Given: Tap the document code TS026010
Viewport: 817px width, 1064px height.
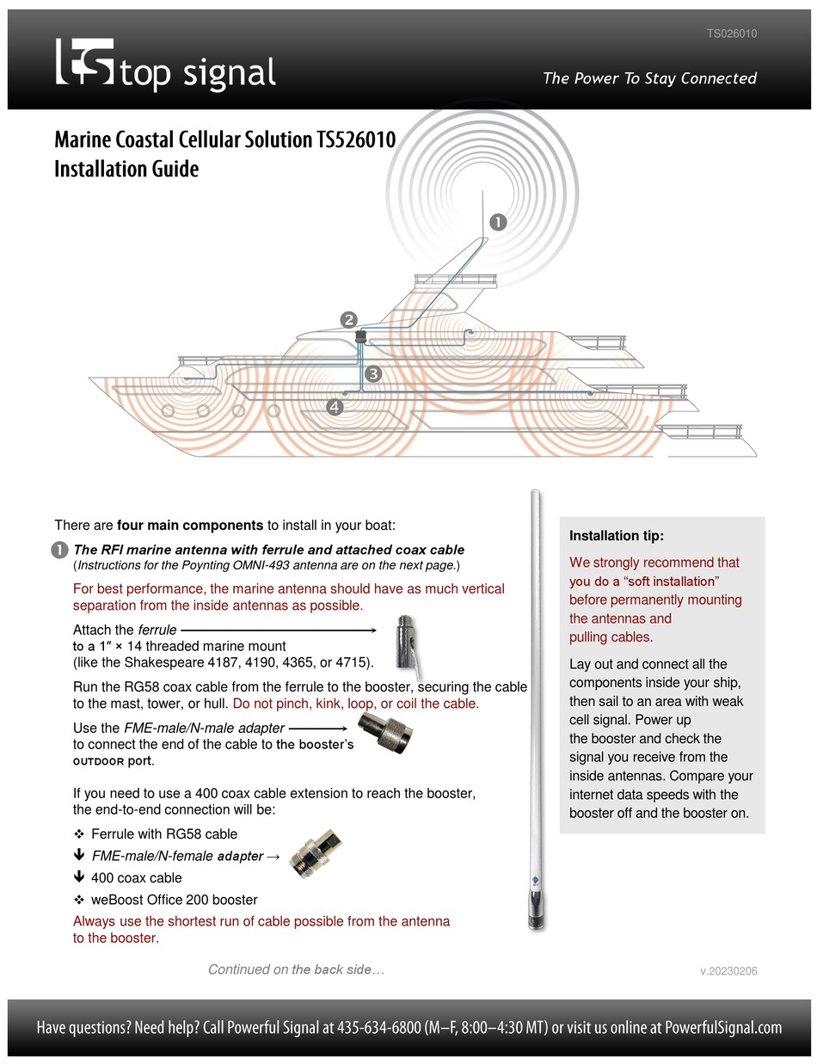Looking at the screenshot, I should (x=731, y=34).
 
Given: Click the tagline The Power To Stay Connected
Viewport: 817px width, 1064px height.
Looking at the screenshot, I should (x=649, y=78).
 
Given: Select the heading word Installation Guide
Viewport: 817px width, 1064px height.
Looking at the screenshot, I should (x=126, y=169).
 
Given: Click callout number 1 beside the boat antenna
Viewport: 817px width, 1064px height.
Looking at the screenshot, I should (x=497, y=222).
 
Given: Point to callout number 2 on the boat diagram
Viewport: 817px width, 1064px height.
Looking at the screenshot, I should (x=349, y=320).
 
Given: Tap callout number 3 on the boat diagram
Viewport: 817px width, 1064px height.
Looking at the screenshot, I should (x=372, y=373).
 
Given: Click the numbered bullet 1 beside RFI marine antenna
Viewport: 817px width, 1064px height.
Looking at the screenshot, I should (x=60, y=550).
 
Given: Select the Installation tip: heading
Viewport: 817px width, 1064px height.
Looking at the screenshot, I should (x=616, y=536).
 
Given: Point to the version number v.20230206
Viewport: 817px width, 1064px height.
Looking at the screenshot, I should (x=728, y=971).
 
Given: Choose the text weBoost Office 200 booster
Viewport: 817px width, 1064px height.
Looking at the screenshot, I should (x=174, y=900).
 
